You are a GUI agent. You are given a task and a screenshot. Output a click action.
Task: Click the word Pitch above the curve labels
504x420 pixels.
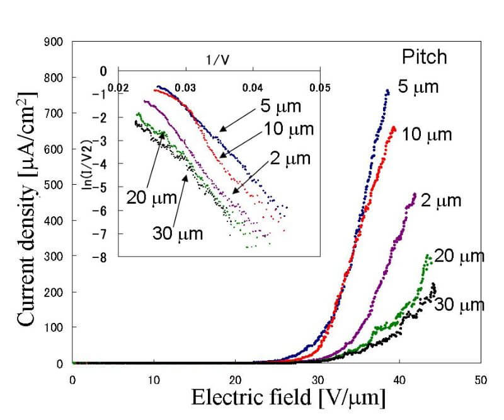pyautogui.click(x=425, y=57)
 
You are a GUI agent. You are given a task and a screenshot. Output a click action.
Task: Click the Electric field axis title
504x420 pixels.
pyautogui.click(x=288, y=399)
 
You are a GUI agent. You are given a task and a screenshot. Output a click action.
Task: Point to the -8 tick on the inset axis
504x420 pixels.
pyautogui.click(x=101, y=257)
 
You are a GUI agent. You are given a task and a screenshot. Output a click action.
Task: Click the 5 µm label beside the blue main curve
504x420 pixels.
pyautogui.click(x=416, y=86)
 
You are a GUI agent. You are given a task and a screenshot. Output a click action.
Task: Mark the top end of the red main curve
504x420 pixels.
pyautogui.click(x=394, y=128)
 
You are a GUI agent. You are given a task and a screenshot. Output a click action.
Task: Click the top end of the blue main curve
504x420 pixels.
pyautogui.click(x=387, y=91)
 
